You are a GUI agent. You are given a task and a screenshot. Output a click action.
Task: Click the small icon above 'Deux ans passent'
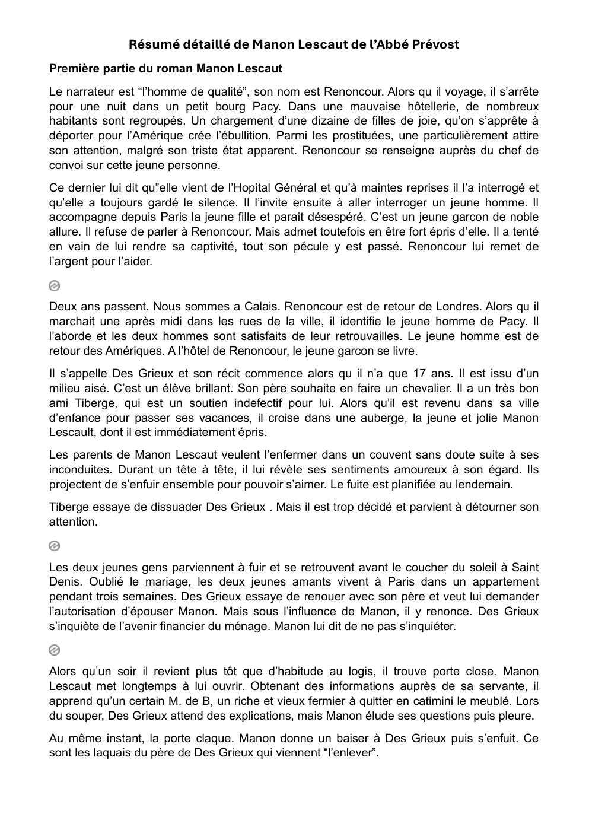point(54,286)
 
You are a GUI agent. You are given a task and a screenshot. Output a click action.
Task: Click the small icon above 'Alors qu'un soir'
point(54,650)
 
